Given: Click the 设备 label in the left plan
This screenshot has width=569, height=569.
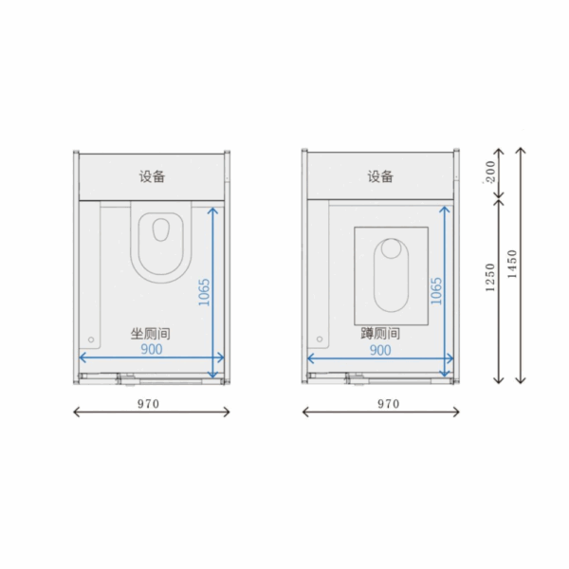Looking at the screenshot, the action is click(152, 176).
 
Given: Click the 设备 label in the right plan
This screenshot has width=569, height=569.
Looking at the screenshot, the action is click(380, 176).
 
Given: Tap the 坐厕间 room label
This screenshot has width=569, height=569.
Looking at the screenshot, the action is click(150, 334).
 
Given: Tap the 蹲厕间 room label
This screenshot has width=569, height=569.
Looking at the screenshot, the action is click(380, 333).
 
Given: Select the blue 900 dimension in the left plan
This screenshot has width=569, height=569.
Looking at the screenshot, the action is click(152, 349).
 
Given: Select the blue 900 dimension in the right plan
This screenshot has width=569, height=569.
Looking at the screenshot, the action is click(380, 350).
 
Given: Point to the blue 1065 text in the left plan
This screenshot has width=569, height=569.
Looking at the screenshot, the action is click(204, 292).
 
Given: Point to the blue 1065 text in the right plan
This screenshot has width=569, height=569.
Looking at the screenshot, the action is click(436, 291).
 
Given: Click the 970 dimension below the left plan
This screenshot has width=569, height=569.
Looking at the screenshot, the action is click(149, 404).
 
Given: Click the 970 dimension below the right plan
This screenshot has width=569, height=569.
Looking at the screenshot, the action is click(389, 404).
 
